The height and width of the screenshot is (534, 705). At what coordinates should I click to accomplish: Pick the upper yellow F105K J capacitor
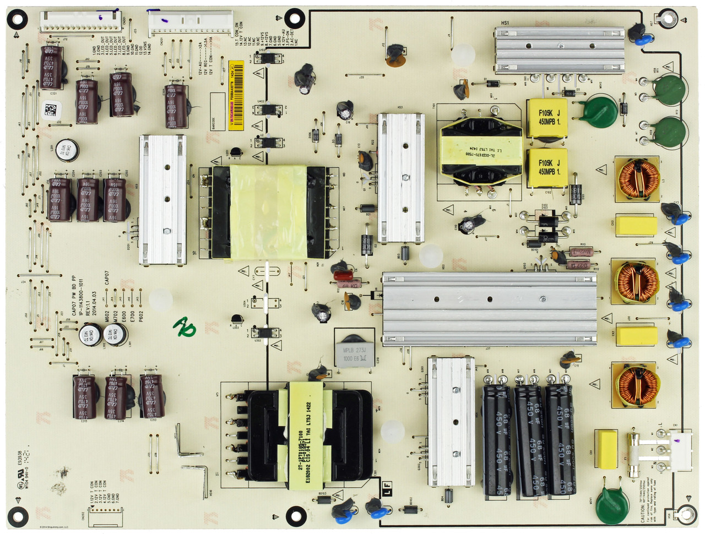tap(546, 118)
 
